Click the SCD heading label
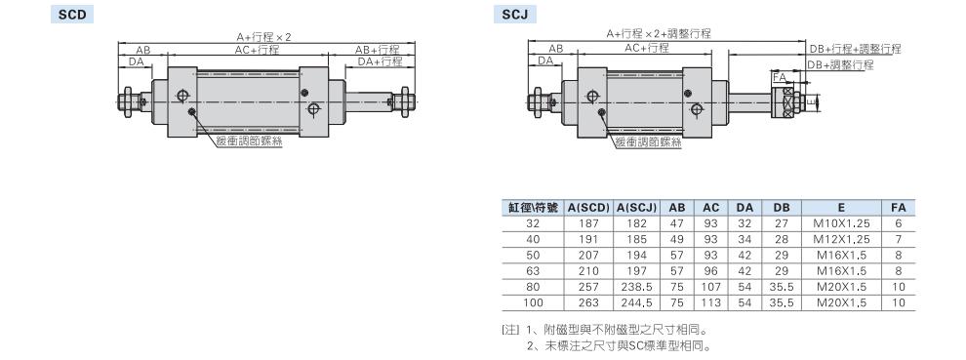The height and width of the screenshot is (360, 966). click(x=72, y=15)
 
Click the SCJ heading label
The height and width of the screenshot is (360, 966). click(x=514, y=15)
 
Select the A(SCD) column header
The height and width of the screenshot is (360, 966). click(x=587, y=208)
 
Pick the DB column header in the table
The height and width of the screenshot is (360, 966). click(x=782, y=208)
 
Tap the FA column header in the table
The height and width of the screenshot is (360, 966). click(x=899, y=208)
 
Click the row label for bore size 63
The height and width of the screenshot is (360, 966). click(x=533, y=270)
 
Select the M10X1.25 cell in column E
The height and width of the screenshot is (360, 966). click(x=843, y=223)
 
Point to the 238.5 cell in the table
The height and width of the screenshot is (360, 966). click(x=636, y=287)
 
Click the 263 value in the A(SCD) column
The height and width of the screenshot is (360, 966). click(x=588, y=302)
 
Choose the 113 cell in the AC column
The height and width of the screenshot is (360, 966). click(x=711, y=302)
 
